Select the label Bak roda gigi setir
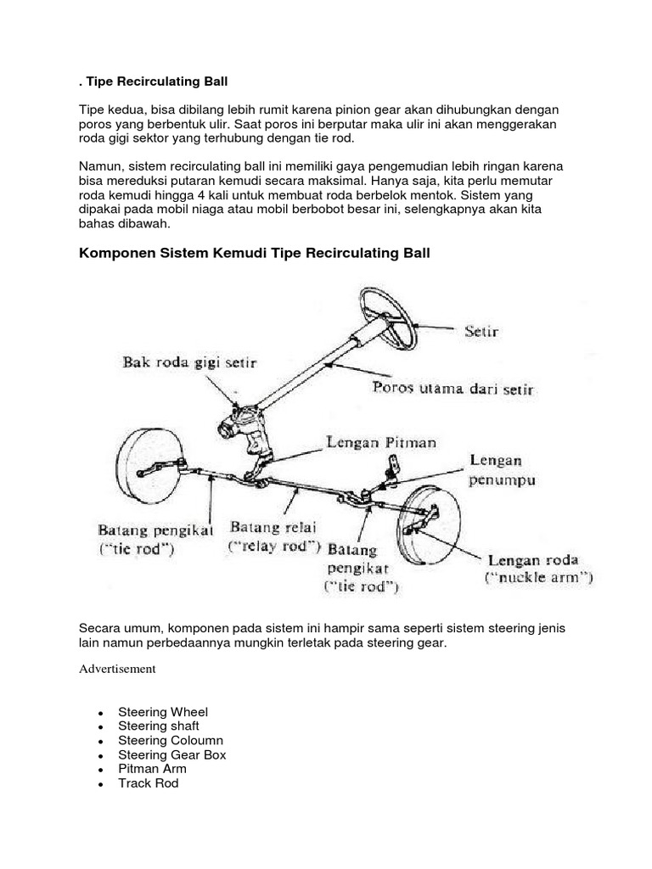pyautogui.click(x=186, y=362)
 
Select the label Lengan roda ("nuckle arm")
pyautogui.click(x=539, y=569)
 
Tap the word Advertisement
pyautogui.click(x=117, y=669)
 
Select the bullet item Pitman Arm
pyautogui.click(x=152, y=769)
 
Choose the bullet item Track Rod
pyautogui.click(x=149, y=783)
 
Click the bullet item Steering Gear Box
pyautogui.click(x=171, y=754)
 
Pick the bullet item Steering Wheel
pyautogui.click(x=163, y=712)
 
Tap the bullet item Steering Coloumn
pyautogui.click(x=171, y=740)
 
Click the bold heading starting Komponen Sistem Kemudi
pyautogui.click(x=255, y=254)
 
